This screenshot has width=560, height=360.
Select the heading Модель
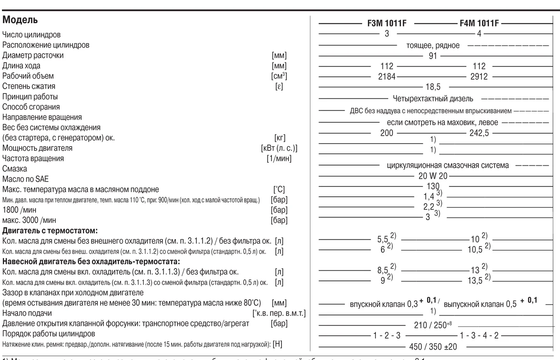coord(20,21)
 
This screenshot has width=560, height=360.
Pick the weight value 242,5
coord(479,134)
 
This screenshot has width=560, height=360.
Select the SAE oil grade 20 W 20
coord(433,176)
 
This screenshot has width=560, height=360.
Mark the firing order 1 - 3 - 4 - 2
coord(479,336)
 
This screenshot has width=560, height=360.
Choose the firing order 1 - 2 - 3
coord(387,336)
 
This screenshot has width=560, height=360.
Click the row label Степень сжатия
coord(29,86)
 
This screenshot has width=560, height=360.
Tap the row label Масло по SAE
coord(26,179)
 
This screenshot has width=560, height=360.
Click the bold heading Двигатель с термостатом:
coord(50,231)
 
